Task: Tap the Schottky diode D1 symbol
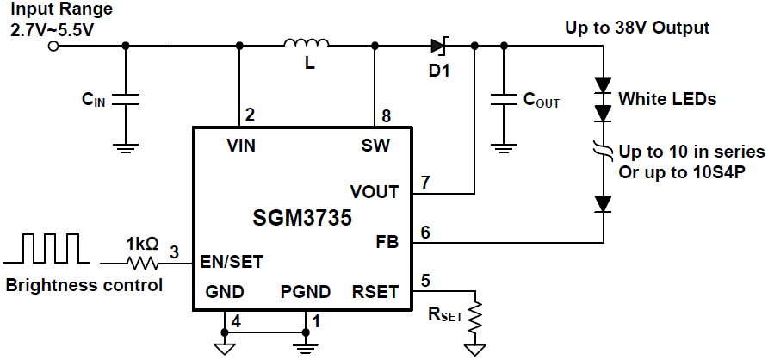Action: tap(437, 46)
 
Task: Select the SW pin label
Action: tap(376, 146)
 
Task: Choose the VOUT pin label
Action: tap(375, 191)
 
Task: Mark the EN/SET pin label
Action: tap(231, 260)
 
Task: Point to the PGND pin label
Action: tap(306, 292)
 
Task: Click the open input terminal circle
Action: tap(53, 46)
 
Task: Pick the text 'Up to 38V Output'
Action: tap(637, 28)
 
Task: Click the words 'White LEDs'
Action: tap(667, 99)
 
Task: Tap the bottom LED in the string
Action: tap(603, 204)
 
